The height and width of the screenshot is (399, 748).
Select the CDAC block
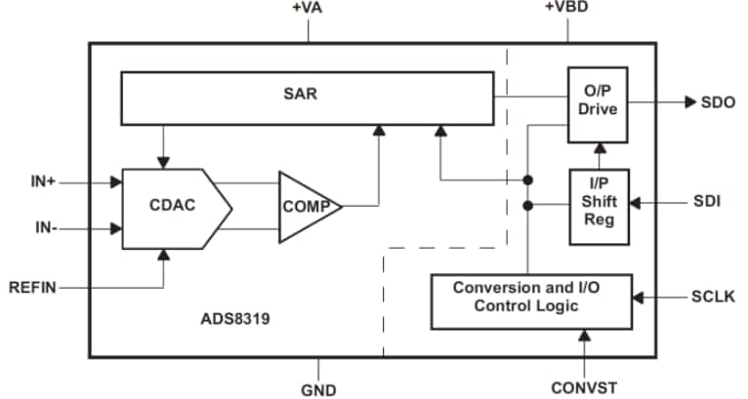click(171, 207)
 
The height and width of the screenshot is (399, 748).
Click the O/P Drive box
click(598, 100)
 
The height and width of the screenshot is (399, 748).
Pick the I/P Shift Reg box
click(598, 206)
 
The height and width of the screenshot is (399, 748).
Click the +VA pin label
click(309, 8)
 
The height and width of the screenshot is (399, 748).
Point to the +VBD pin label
click(566, 8)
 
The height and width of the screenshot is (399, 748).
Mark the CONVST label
click(583, 387)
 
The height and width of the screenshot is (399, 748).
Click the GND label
click(318, 389)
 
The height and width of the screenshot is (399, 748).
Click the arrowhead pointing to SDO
click(689, 101)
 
